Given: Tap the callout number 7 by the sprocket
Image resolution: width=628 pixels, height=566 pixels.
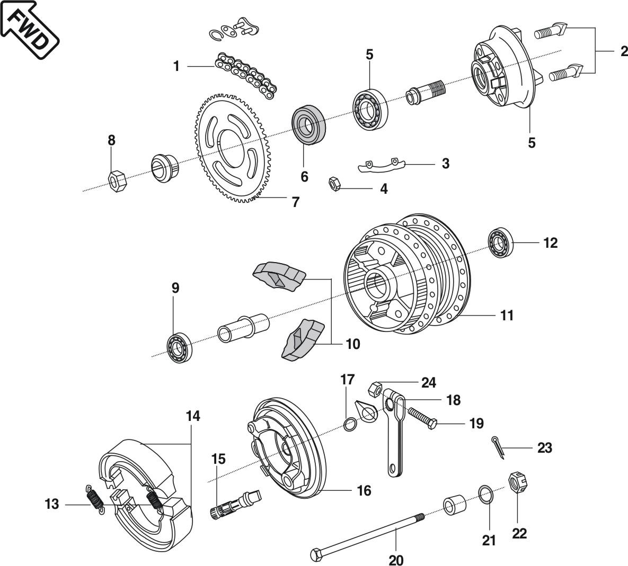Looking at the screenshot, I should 295,202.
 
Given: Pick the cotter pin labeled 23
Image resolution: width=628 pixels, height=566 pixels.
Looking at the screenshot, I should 498,447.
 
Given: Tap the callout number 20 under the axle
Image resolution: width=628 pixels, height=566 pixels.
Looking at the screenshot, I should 396,559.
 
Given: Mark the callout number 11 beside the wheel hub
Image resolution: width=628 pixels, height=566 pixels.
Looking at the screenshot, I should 507,316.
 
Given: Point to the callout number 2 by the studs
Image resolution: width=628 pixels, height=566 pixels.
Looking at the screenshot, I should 624,51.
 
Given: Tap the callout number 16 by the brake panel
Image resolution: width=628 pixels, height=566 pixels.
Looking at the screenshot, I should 364,491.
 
